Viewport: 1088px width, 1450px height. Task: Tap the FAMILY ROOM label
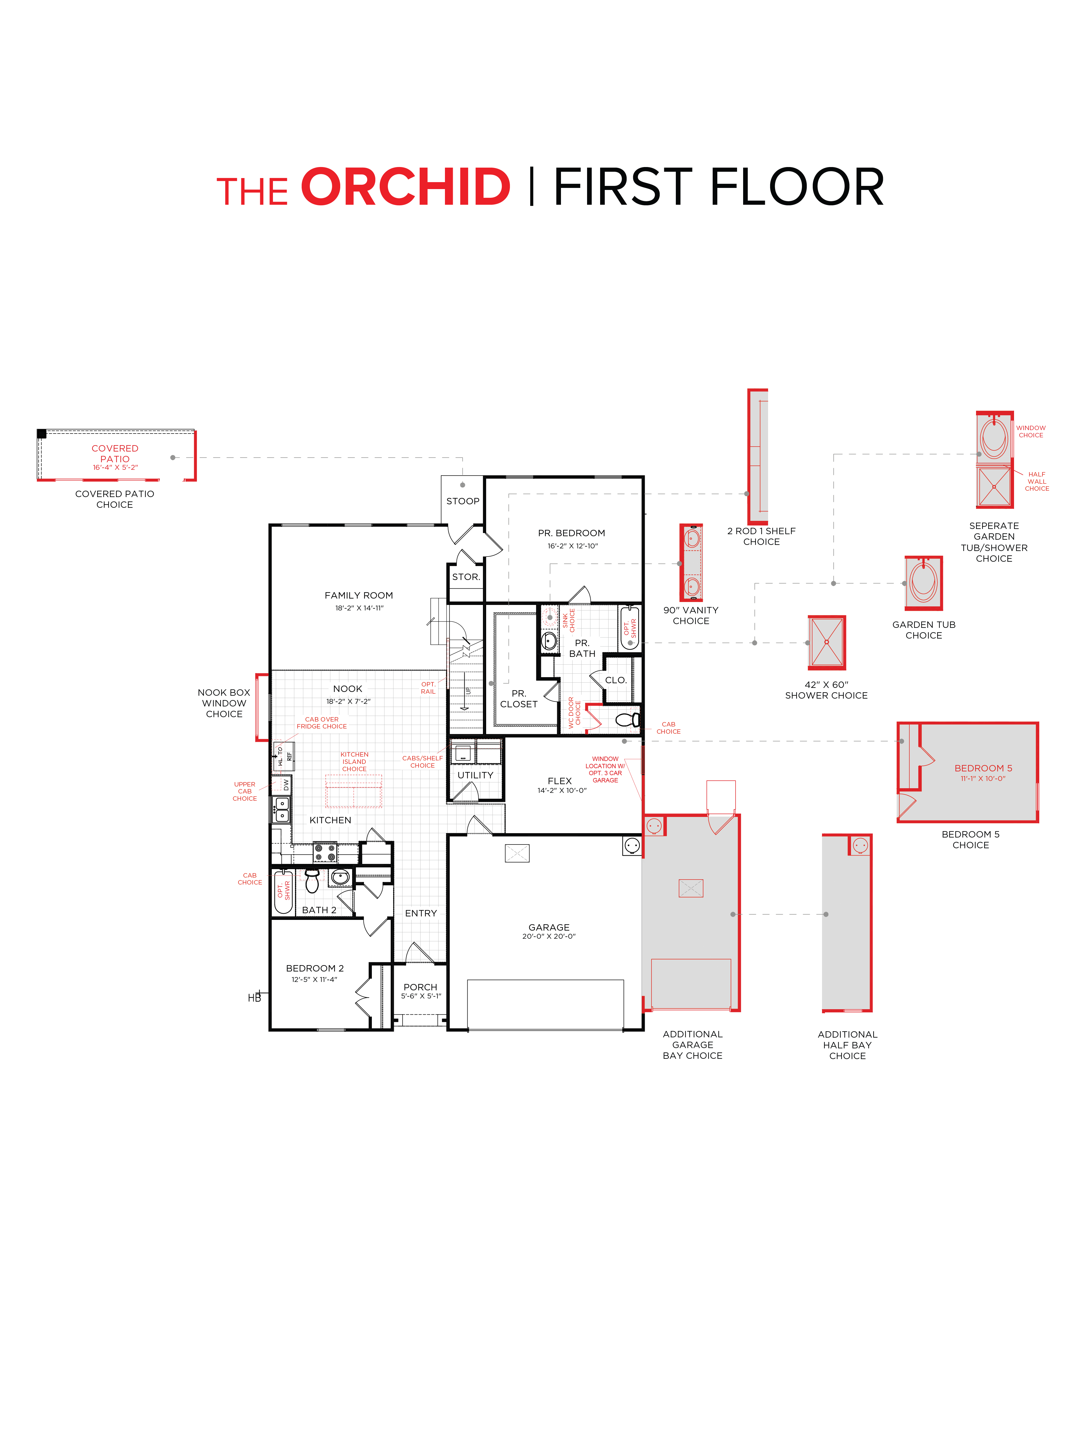coord(359,595)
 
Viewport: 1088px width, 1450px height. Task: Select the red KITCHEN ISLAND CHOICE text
coord(354,762)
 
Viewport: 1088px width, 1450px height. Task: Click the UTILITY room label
coord(475,775)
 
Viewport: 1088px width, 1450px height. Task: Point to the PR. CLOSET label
coord(519,699)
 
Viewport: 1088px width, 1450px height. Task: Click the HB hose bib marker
coord(254,998)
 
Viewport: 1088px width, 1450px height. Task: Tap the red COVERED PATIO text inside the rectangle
coord(115,454)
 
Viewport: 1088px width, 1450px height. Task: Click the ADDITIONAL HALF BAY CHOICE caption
coord(847,1045)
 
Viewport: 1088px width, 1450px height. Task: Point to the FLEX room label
coord(560,781)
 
